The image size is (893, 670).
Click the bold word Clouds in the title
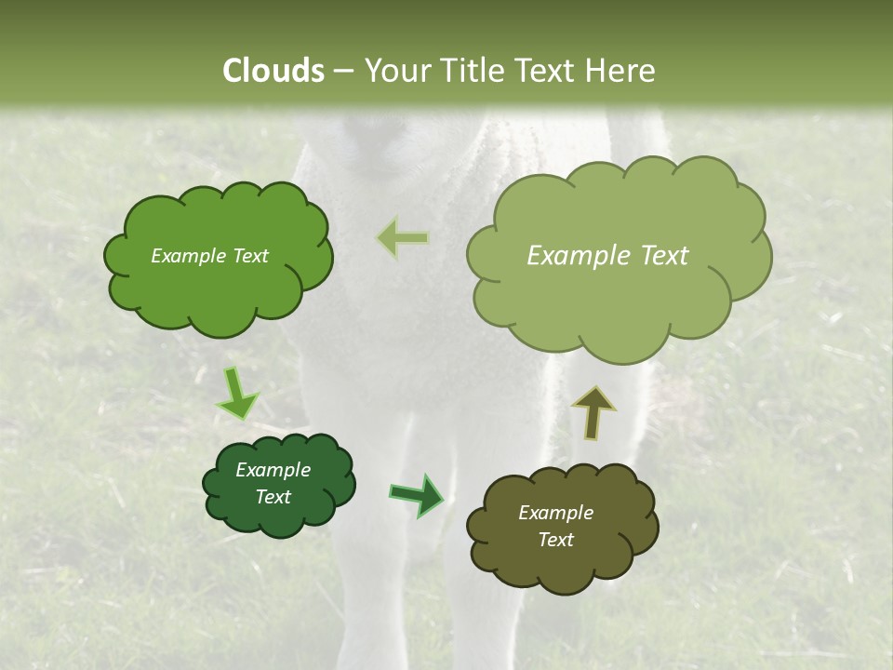pyautogui.click(x=273, y=71)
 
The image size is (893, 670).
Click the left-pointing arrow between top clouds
pyautogui.click(x=403, y=238)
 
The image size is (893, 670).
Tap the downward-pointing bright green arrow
pyautogui.click(x=237, y=393)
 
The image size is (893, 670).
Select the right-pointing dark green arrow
pyautogui.click(x=418, y=494)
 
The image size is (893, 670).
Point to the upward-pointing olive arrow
pyautogui.click(x=593, y=410)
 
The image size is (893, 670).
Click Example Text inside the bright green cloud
pyautogui.click(x=209, y=256)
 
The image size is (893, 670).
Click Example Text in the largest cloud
pyautogui.click(x=607, y=256)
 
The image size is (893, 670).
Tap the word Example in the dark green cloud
pyautogui.click(x=273, y=470)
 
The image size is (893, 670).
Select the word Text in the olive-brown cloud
pyautogui.click(x=555, y=540)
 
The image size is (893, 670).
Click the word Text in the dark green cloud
pyautogui.click(x=273, y=497)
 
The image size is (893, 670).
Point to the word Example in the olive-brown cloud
pyautogui.click(x=555, y=513)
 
